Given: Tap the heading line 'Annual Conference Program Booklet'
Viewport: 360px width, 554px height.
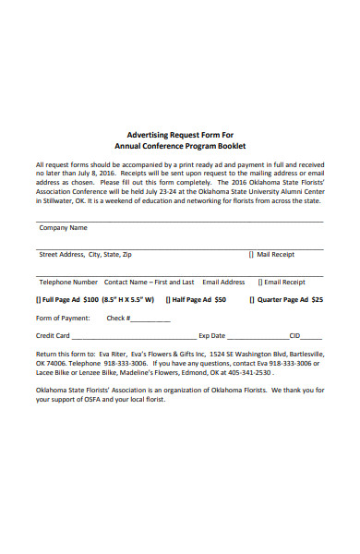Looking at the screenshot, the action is [180, 146].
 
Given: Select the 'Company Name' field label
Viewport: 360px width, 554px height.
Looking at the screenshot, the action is [63, 227].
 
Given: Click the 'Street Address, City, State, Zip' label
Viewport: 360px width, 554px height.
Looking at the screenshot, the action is [85, 254].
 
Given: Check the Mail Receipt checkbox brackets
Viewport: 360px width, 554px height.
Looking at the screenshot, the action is [251, 254].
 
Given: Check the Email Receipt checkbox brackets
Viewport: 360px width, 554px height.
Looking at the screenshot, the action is [259, 282].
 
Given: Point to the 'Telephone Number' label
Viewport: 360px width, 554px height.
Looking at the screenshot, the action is [68, 282].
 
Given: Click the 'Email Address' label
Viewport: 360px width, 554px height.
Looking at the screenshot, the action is [223, 282].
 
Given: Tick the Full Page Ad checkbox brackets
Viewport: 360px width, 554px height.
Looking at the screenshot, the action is [39, 300].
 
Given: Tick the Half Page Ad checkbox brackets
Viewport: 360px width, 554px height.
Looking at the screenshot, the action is [168, 300].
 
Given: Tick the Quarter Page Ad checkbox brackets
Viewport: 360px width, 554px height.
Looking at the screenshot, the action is [252, 300].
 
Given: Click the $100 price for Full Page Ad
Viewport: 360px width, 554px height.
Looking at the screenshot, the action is [90, 300].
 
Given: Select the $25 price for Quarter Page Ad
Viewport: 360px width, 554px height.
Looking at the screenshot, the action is [317, 300].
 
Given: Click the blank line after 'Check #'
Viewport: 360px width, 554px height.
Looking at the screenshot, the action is [151, 319].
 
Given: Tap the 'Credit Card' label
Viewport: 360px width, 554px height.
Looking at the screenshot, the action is [53, 336].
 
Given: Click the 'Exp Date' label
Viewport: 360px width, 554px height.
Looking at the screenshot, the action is [211, 336].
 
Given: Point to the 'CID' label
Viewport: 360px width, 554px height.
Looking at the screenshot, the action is [294, 336].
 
